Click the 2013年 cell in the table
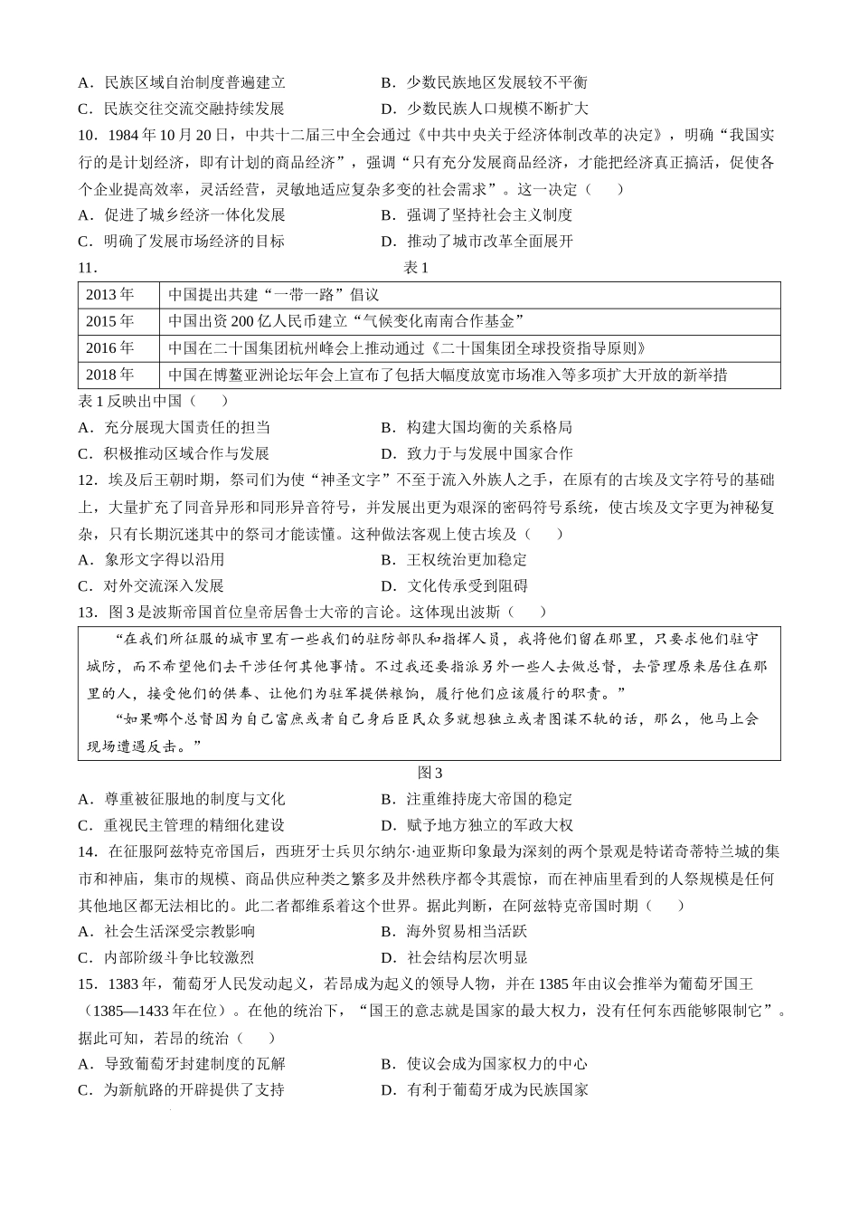pyautogui.click(x=109, y=295)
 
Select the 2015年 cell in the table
pyautogui.click(x=109, y=321)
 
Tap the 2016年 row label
pyautogui.click(x=109, y=348)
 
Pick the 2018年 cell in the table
pyautogui.click(x=109, y=375)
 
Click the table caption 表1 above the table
pyautogui.click(x=416, y=268)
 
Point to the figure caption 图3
pyautogui.click(x=429, y=773)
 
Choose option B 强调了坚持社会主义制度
pyautogui.click(x=477, y=215)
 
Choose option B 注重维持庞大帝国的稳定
pyautogui.click(x=477, y=799)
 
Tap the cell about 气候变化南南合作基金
pyautogui.click(x=347, y=321)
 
